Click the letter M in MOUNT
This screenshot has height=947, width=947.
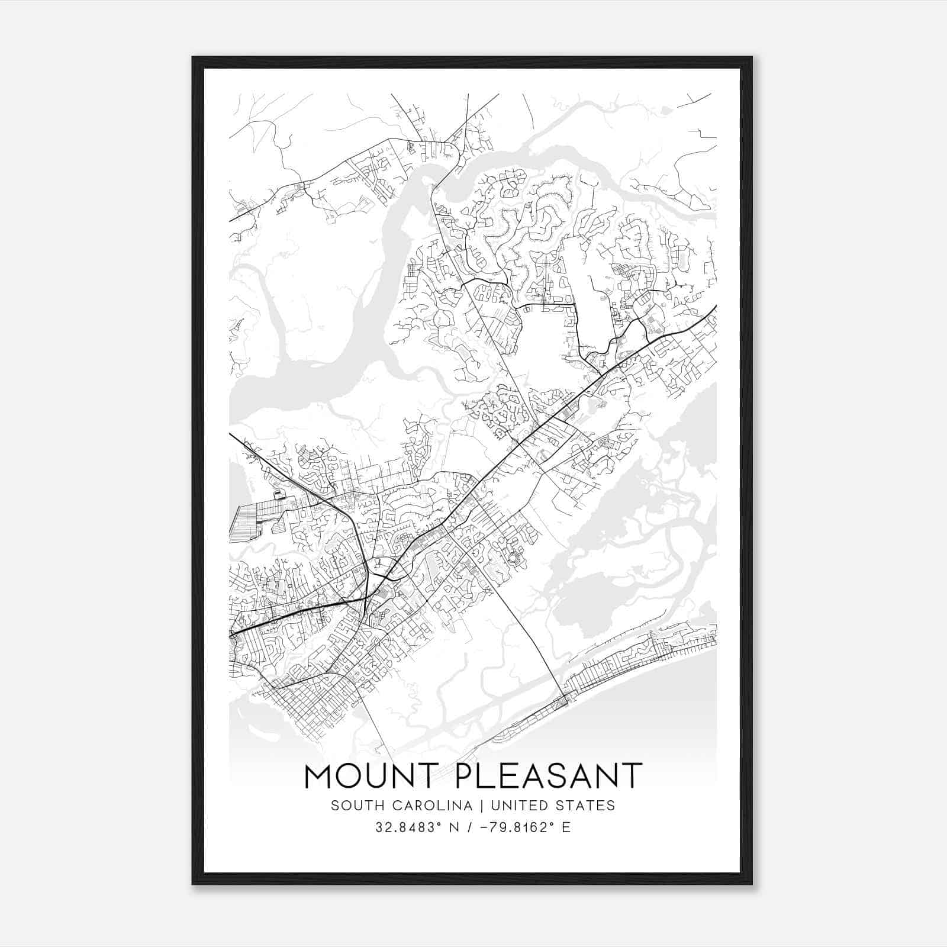tap(320, 776)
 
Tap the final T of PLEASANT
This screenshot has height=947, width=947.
tap(632, 776)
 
